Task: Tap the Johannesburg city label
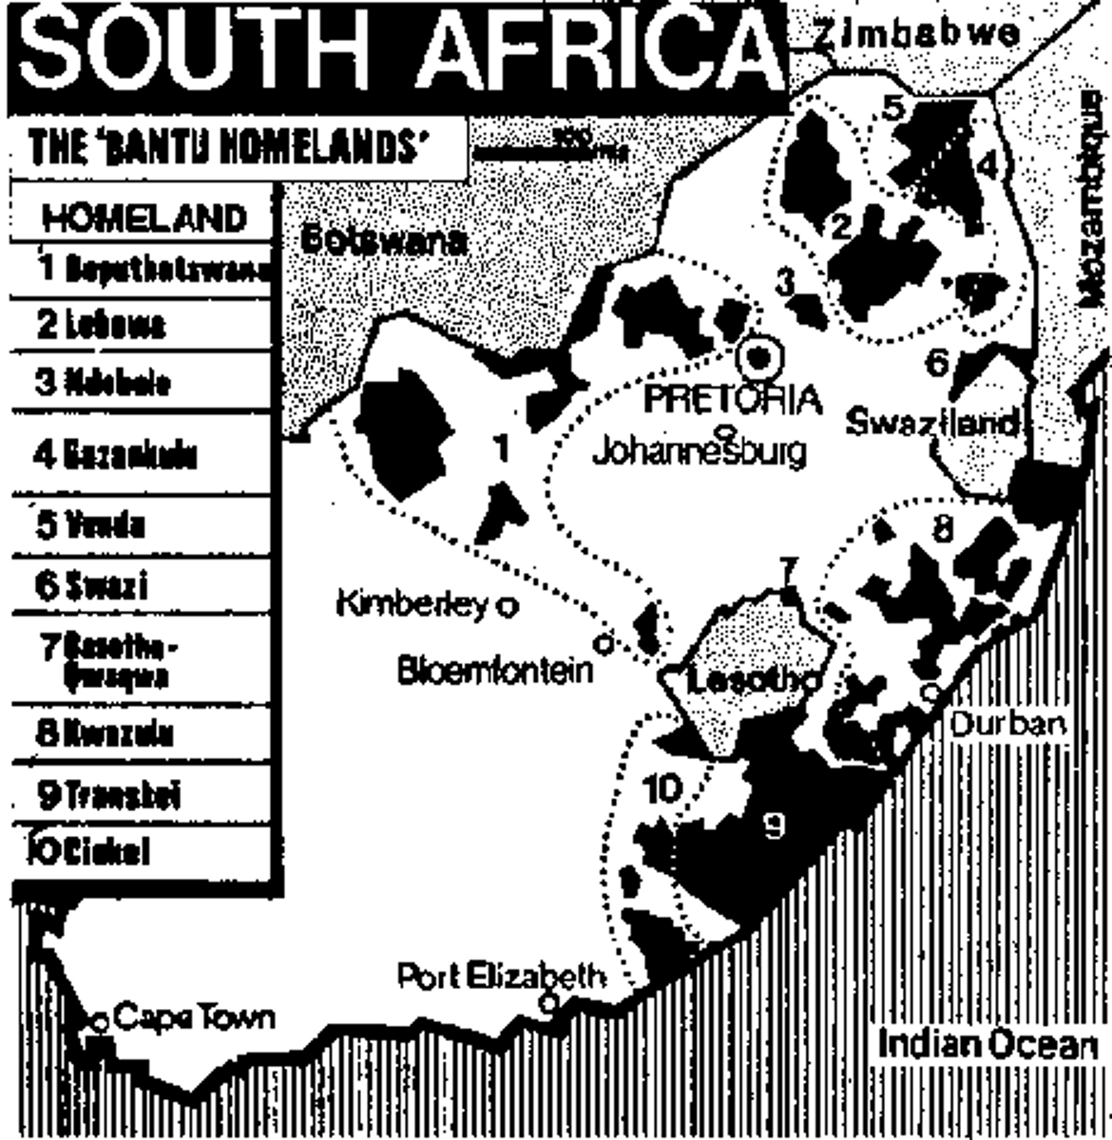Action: pyautogui.click(x=699, y=451)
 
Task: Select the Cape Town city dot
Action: pyautogui.click(x=99, y=1022)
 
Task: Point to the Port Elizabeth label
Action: pyautogui.click(x=501, y=977)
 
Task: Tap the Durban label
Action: pyautogui.click(x=1007, y=725)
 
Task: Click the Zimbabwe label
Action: pyautogui.click(x=916, y=34)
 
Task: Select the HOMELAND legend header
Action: pyautogui.click(x=143, y=218)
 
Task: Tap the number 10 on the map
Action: pyautogui.click(x=662, y=788)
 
